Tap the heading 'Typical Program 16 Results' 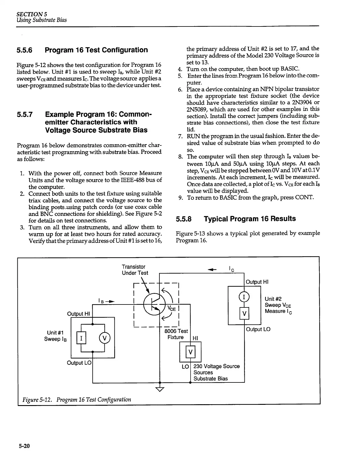tap(250, 219)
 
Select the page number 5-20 tap(24, 446)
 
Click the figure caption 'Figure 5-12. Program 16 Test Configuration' tap(77, 400)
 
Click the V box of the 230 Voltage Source tap(190, 352)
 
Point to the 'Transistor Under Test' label tap(135, 270)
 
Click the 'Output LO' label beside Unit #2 tap(258, 329)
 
